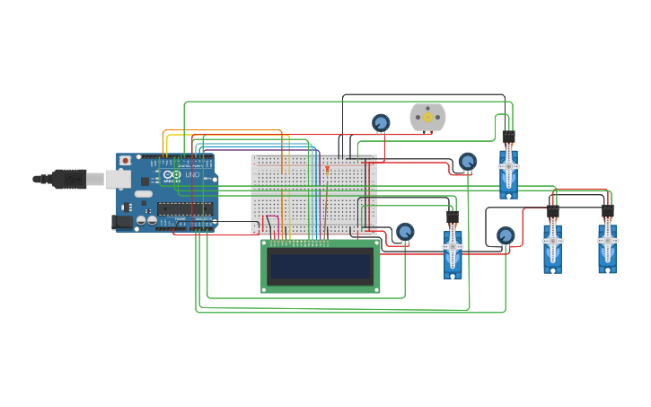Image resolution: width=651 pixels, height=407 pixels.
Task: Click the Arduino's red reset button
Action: (125, 161)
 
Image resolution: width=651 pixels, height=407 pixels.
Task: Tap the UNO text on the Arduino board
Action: (191, 174)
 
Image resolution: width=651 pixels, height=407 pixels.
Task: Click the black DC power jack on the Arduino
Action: (121, 221)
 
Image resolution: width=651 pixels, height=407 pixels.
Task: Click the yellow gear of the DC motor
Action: (427, 117)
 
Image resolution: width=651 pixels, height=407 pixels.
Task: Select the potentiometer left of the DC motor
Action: (381, 122)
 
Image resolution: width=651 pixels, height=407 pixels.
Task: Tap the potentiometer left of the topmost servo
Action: (467, 162)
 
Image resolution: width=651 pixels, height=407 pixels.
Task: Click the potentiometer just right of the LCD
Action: (405, 232)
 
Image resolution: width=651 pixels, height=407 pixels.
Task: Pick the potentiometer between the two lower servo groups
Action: (506, 235)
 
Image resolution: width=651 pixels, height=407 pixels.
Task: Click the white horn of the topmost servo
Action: (509, 166)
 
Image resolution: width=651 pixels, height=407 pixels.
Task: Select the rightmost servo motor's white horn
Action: (608, 240)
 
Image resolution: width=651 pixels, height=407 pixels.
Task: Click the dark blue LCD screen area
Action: (321, 266)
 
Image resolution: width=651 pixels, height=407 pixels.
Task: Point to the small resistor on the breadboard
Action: (327, 168)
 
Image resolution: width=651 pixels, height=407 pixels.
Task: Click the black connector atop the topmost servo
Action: (508, 137)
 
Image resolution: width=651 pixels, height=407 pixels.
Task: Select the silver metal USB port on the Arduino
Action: (118, 180)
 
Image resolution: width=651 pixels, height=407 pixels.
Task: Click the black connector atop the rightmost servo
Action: (608, 212)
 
